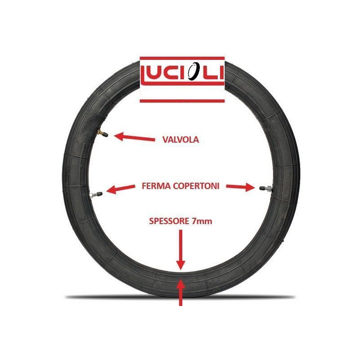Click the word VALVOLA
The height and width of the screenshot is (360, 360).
(180, 139)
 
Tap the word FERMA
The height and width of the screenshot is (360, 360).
(156, 186)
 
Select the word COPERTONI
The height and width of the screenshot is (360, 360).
(196, 186)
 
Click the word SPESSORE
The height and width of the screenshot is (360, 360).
(169, 221)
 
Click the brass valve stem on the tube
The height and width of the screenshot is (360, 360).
(102, 133)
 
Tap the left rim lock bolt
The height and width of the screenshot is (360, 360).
(96, 194)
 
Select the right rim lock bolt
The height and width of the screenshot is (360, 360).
(265, 189)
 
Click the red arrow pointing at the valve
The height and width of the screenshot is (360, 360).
(134, 137)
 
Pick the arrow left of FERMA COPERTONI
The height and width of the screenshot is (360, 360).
(121, 189)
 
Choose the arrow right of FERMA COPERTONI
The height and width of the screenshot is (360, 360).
(241, 187)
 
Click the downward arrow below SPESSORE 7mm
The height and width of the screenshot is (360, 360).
(181, 250)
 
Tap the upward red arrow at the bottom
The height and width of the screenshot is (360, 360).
(181, 292)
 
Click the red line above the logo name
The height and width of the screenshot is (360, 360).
(182, 58)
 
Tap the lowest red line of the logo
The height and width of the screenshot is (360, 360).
(182, 101)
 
